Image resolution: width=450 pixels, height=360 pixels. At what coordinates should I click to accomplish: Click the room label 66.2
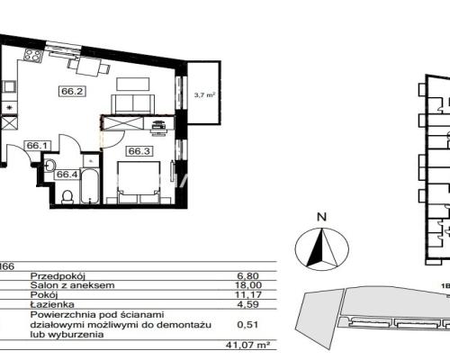(x=72, y=91)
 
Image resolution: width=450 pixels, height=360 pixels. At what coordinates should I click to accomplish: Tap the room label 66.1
(x=37, y=146)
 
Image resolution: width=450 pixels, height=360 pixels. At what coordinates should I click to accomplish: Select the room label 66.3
(x=139, y=151)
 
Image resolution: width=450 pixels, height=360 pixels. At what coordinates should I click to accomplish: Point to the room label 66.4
(x=67, y=175)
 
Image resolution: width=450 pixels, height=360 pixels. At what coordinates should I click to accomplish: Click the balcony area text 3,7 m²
(x=205, y=95)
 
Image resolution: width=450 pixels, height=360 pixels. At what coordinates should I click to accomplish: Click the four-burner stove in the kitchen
(x=32, y=55)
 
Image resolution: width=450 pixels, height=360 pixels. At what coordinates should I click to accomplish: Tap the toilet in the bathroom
(x=67, y=197)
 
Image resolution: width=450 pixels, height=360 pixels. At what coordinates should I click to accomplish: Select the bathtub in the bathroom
(x=90, y=186)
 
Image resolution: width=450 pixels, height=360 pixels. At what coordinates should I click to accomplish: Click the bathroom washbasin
(x=49, y=165)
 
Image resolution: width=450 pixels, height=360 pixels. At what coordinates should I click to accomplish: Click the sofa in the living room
(x=133, y=104)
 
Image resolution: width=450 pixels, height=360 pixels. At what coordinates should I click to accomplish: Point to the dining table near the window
(x=89, y=66)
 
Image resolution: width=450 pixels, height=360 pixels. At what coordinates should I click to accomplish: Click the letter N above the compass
(x=322, y=217)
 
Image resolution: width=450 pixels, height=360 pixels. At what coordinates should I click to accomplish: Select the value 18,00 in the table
(x=248, y=285)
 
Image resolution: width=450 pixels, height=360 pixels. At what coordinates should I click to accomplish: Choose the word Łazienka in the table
(x=52, y=304)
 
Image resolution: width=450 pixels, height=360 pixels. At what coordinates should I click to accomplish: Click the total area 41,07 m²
(x=247, y=346)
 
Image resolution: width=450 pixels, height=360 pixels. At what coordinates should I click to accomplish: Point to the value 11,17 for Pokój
(x=248, y=294)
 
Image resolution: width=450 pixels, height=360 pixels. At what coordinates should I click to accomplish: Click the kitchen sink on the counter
(x=8, y=86)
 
